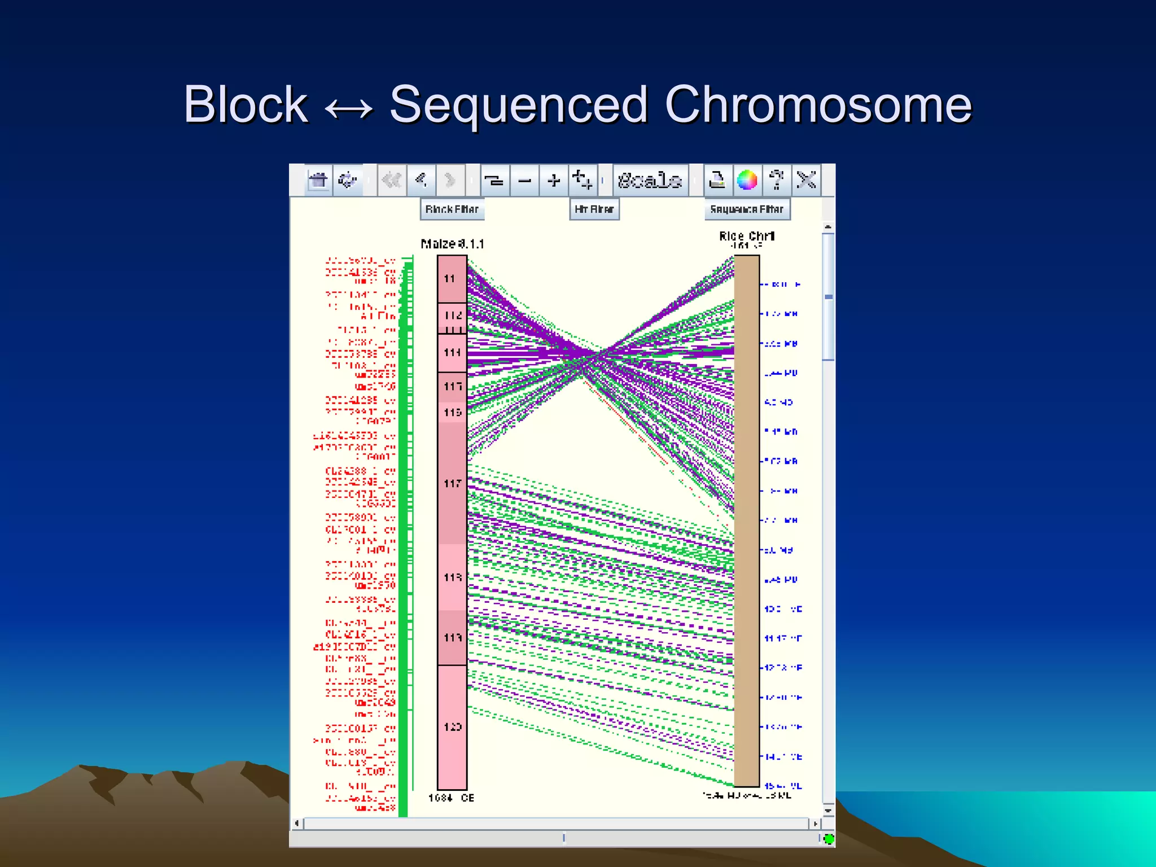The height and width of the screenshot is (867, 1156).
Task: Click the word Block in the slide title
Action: pos(246,105)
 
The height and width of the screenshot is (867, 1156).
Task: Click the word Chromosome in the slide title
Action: pos(818,105)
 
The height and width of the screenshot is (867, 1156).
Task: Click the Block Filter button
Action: pos(452,209)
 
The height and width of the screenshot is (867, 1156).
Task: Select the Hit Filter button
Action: pos(594,209)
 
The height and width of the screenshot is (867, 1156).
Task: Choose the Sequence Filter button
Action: pos(747,209)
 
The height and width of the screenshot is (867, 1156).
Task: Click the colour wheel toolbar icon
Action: pos(747,181)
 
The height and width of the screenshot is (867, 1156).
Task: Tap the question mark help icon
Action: pos(777,181)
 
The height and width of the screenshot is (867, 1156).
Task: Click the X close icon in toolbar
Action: pos(806,181)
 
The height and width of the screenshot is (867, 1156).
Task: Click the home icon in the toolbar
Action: pos(318,181)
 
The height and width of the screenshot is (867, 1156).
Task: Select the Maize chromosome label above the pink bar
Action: pos(452,244)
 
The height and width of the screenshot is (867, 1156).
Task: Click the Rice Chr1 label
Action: pos(747,236)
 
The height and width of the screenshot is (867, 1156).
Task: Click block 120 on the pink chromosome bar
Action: pos(452,727)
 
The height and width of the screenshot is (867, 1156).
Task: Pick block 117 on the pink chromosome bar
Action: pos(452,483)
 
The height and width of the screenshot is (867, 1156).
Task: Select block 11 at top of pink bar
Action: pos(452,278)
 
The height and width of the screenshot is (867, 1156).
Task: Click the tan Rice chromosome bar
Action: pos(747,519)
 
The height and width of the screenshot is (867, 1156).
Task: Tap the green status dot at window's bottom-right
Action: pos(829,839)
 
